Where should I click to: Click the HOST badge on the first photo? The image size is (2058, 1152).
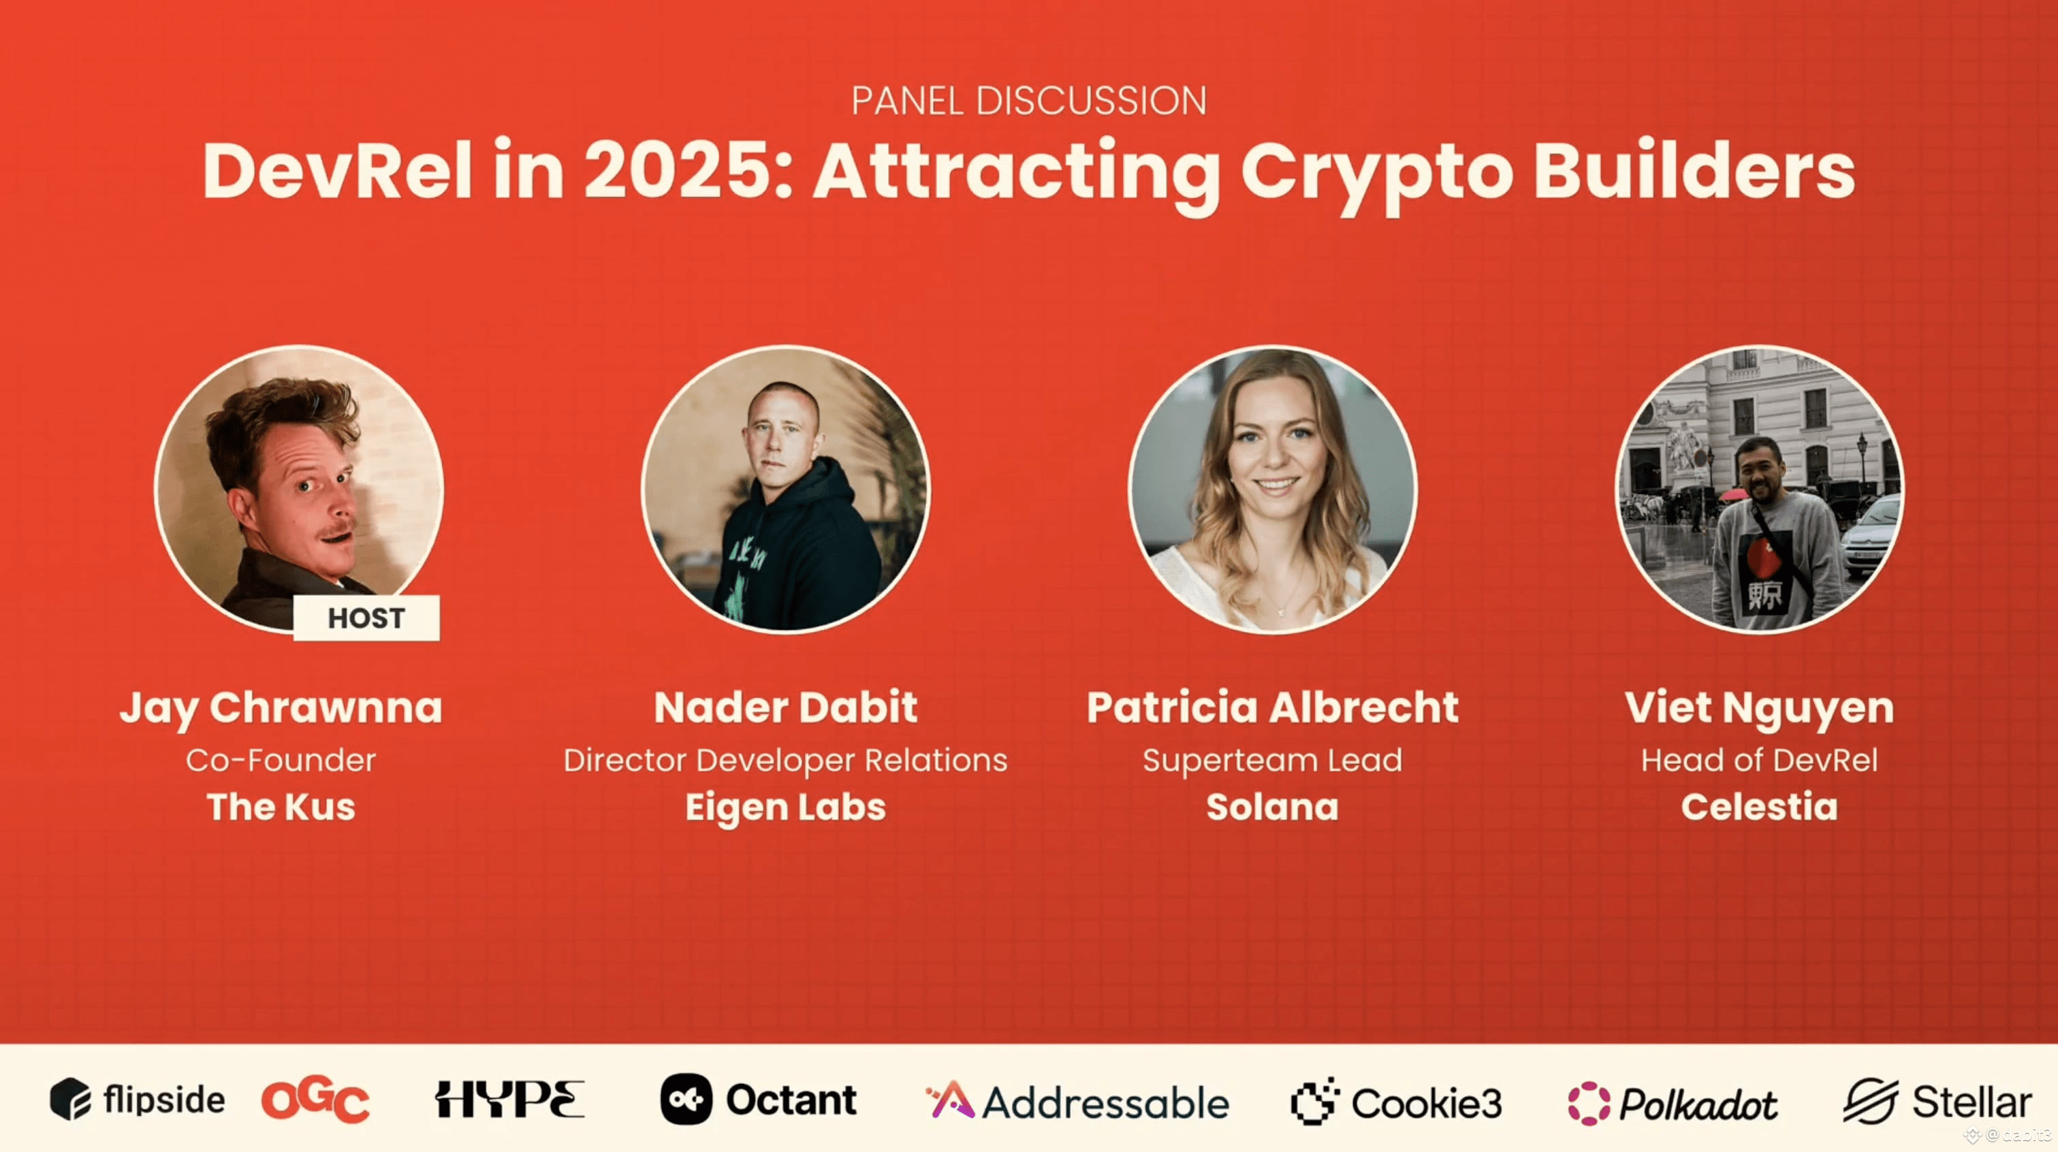point(366,618)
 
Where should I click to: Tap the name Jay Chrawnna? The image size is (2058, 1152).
point(281,709)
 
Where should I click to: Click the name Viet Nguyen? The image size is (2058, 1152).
point(1759,709)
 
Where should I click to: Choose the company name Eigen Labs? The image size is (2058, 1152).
point(785,807)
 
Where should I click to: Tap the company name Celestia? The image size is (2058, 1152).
point(1759,806)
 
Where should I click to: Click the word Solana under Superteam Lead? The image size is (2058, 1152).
point(1273,806)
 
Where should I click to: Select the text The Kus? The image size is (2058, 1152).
point(281,806)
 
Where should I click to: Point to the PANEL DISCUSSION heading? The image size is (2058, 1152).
point(1029,101)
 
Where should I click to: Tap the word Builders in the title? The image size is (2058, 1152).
point(1694,170)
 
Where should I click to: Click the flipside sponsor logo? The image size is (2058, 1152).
point(138,1100)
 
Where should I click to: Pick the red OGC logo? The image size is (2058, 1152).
point(315,1100)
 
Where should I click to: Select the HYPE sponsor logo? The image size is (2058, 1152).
point(509,1100)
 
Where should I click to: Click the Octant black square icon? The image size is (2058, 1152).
point(686,1100)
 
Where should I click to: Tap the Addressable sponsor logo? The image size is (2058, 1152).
point(1077,1101)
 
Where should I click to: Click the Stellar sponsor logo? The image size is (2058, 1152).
point(1937,1101)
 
